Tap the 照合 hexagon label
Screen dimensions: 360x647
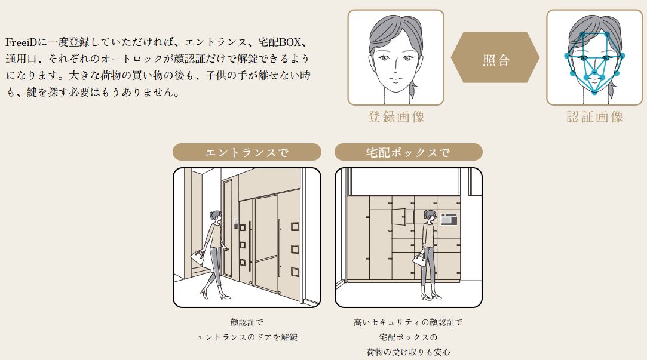click(x=496, y=60)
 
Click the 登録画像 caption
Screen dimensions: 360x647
click(x=396, y=117)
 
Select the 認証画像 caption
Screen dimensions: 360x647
click(x=595, y=117)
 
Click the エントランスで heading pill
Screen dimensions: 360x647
click(x=247, y=152)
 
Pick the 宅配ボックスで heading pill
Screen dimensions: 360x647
click(x=408, y=152)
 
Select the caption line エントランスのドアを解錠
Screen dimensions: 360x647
click(x=247, y=337)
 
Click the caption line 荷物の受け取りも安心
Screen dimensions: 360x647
click(x=408, y=352)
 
